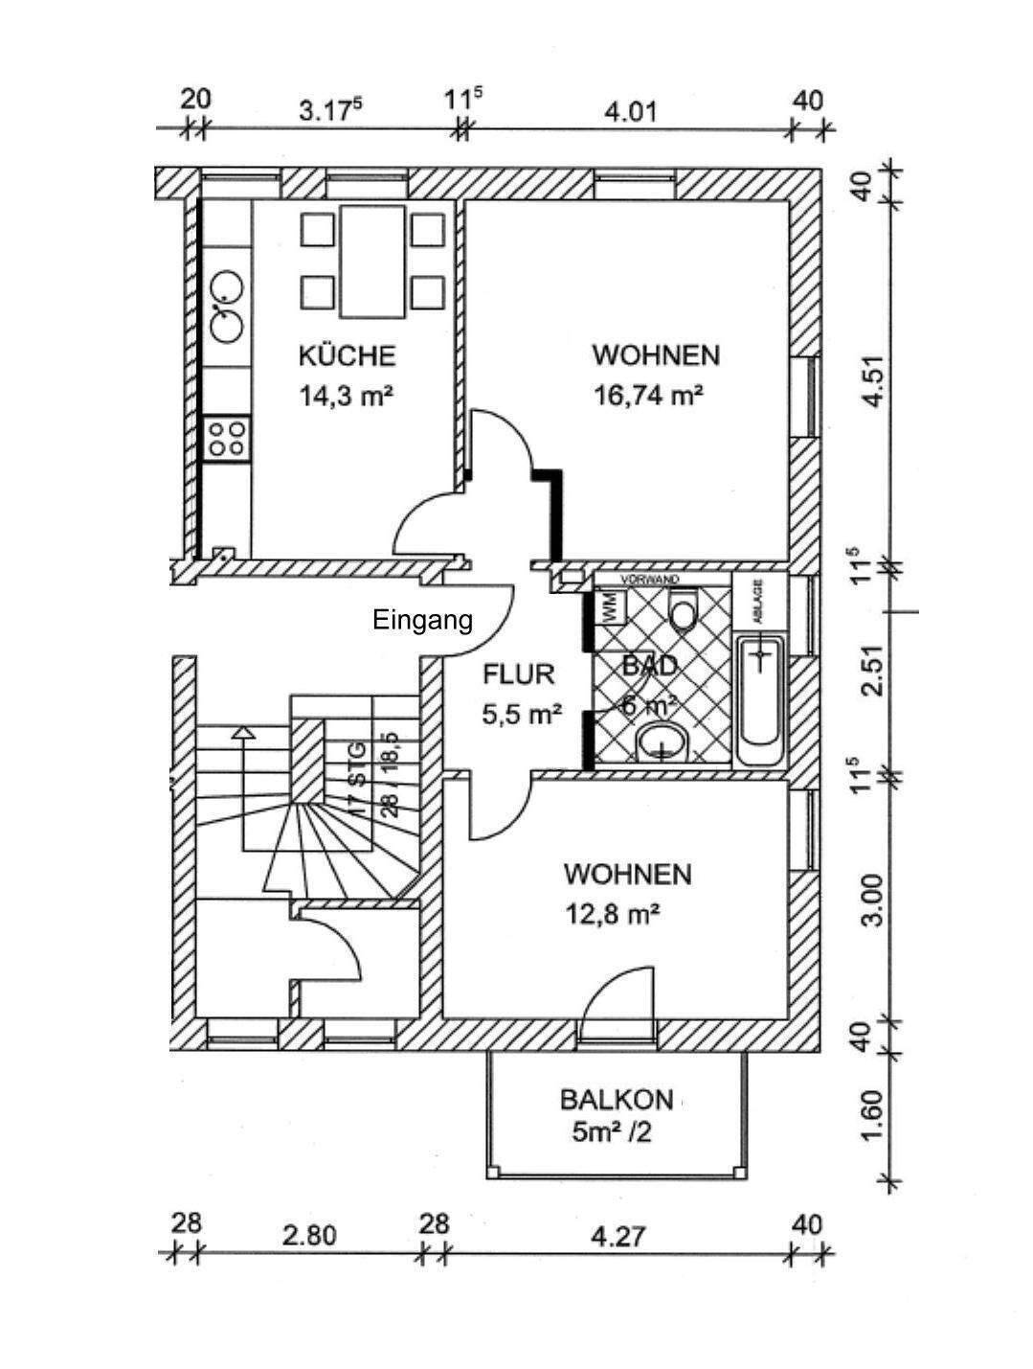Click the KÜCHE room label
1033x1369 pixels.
click(347, 355)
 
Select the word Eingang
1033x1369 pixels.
click(422, 621)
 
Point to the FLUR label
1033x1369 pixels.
click(518, 673)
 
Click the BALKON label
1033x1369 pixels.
click(617, 1099)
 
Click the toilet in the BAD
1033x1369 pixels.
click(683, 612)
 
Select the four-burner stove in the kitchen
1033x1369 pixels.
click(227, 439)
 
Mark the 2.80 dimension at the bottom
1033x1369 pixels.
click(309, 1236)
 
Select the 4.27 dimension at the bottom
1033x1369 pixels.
click(618, 1236)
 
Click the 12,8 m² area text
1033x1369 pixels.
click(613, 915)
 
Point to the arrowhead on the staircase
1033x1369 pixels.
click(244, 733)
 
